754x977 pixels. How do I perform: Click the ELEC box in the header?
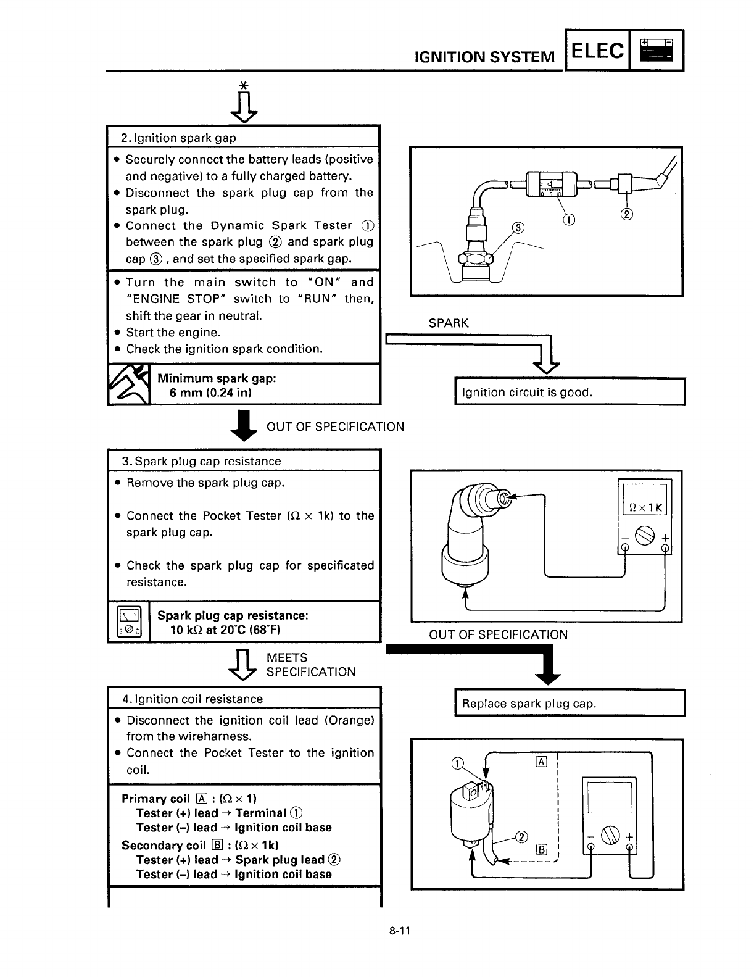(x=597, y=51)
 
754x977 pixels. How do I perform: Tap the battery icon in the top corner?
(x=657, y=50)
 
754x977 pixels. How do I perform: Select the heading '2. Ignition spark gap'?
(x=178, y=138)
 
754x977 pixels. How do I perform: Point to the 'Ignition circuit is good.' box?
(x=570, y=392)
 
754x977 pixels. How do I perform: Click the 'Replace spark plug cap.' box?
(x=570, y=704)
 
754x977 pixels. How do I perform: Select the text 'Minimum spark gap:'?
(x=217, y=378)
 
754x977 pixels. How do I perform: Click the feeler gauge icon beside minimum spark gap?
(x=129, y=385)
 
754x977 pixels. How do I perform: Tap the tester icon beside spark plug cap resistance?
(x=129, y=622)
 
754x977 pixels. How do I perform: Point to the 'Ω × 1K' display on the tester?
(x=644, y=507)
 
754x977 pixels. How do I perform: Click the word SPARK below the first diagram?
(x=449, y=323)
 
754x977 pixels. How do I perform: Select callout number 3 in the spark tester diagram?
(x=519, y=228)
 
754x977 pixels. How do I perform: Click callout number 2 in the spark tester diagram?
(x=628, y=214)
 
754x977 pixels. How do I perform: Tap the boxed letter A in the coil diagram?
(x=542, y=762)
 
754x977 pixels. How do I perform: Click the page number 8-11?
(x=400, y=931)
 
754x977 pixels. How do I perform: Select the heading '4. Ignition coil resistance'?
(x=193, y=699)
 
